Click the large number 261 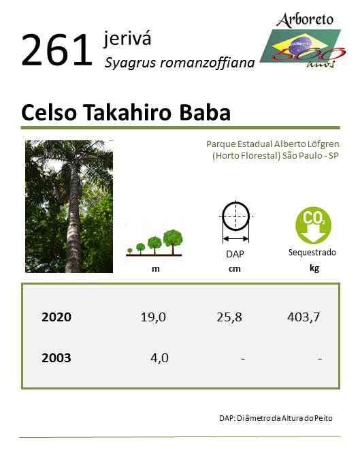[x=56, y=50]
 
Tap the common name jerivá [x=127, y=39]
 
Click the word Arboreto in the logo [x=305, y=20]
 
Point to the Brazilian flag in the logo [x=300, y=46]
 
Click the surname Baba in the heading [x=205, y=112]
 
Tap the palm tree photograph [x=69, y=206]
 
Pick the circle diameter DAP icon [x=235, y=222]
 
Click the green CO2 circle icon [x=313, y=225]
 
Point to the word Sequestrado [x=312, y=253]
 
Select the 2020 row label [x=56, y=317]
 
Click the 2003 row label [x=56, y=358]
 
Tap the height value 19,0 [x=153, y=317]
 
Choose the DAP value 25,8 [x=229, y=317]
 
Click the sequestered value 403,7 [x=304, y=317]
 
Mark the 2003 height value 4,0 [x=159, y=358]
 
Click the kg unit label [x=314, y=268]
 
